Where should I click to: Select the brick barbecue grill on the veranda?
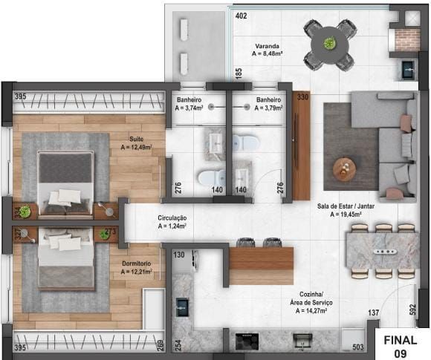pos(407,40)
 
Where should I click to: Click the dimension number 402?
pos(242,16)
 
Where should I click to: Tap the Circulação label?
pos(172,219)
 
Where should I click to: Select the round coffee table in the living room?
pos(344,168)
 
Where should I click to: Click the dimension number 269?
pos(160,345)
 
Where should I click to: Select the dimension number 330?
pos(302,96)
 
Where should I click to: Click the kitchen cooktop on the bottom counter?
pos(244,341)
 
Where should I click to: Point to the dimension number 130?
pos(179,255)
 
